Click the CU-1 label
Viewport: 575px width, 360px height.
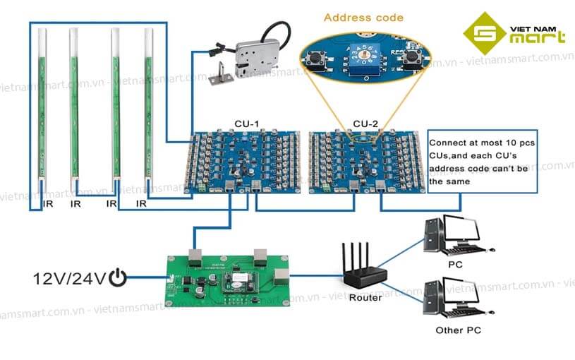(x=247, y=124)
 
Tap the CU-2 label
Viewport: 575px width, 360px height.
(x=366, y=124)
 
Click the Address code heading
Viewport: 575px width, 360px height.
(x=363, y=17)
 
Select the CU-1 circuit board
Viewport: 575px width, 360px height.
(x=246, y=162)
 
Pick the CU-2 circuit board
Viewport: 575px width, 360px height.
(x=367, y=162)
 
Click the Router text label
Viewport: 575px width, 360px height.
(x=365, y=297)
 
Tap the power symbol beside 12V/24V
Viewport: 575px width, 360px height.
(x=118, y=279)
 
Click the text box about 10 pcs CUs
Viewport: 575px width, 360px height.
(x=482, y=162)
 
